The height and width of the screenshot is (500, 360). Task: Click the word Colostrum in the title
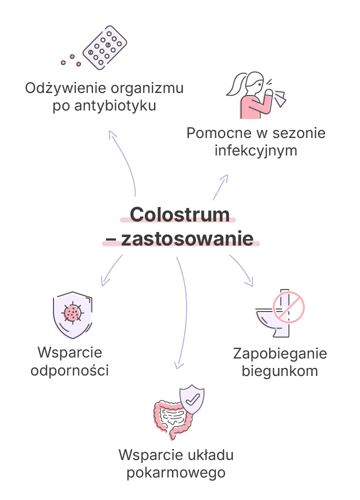179,214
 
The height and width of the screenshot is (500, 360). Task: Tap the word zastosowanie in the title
187,238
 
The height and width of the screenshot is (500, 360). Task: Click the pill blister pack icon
104,47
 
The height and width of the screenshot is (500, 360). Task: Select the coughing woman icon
255,95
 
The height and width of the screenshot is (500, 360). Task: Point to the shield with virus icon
72,315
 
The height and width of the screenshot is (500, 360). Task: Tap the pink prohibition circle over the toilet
288,307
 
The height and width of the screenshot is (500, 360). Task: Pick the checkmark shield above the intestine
192,399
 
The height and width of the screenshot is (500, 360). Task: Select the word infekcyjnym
255,150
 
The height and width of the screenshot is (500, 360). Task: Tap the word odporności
69,370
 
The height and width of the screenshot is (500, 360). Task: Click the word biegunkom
279,371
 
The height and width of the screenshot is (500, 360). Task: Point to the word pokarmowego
176,472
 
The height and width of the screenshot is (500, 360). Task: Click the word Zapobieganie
280,353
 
